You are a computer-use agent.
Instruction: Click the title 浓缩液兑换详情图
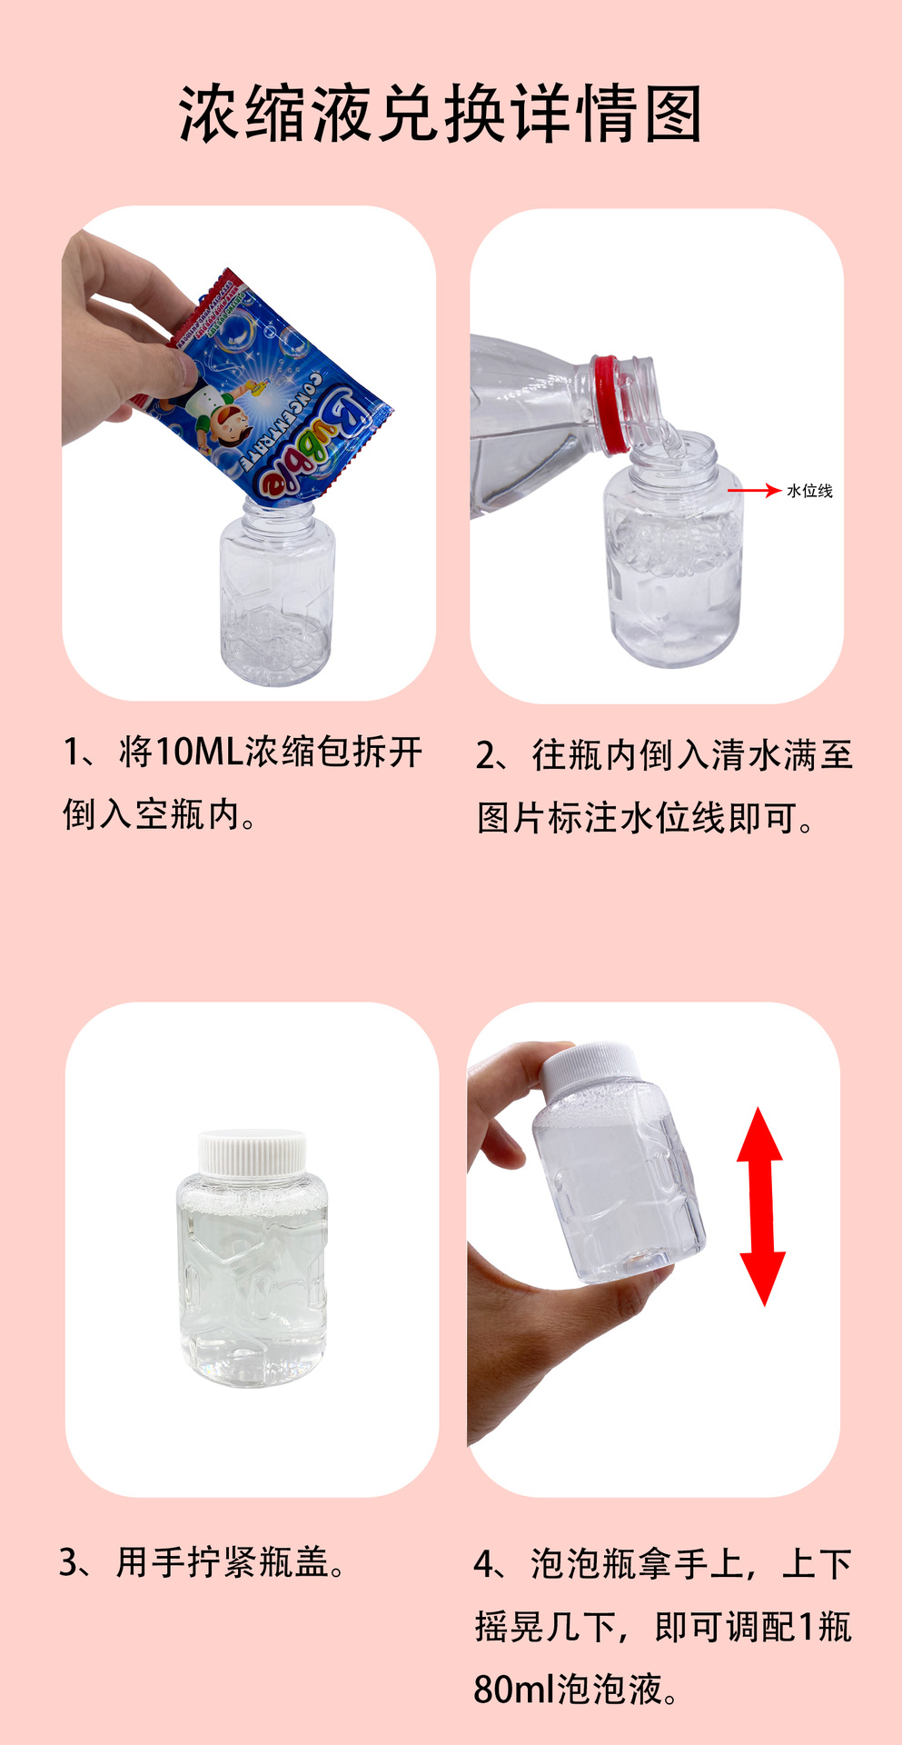pos(441,115)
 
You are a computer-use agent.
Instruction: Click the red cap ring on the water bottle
pos(607,404)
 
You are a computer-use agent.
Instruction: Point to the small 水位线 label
pos(809,491)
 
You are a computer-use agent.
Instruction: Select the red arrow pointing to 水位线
pos(754,491)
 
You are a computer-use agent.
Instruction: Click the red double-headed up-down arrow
pos(760,1206)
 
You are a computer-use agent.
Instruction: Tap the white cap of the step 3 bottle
pos(252,1152)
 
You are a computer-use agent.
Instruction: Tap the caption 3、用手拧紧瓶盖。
pos(203,1562)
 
